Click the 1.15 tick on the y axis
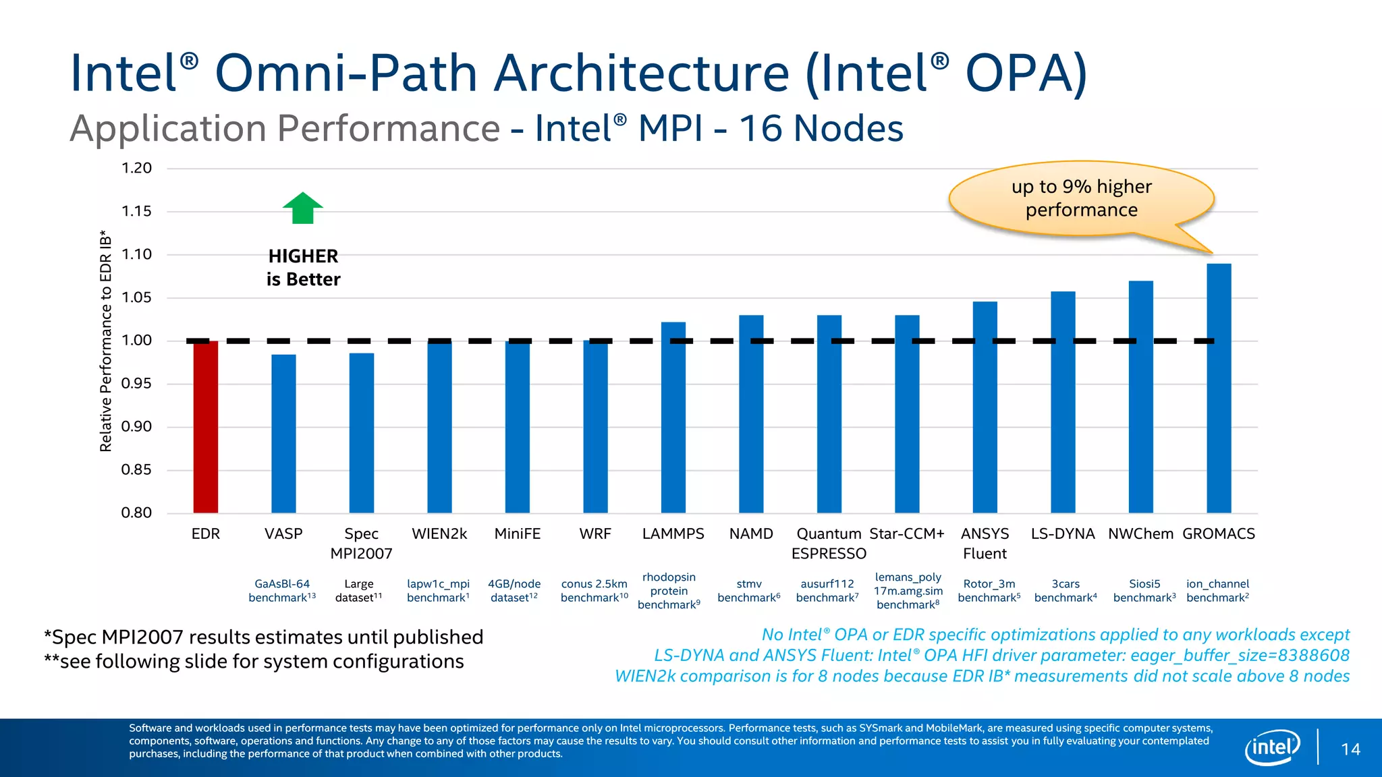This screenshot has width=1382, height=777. point(136,212)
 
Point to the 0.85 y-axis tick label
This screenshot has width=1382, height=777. point(136,470)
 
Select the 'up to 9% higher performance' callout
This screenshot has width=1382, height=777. point(1081,198)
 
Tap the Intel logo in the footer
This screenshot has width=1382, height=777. point(1272,747)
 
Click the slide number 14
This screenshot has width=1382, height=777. point(1350,749)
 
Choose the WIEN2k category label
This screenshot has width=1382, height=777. point(439,534)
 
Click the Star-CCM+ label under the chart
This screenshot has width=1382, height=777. point(907,534)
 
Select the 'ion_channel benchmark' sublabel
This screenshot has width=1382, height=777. point(1217,591)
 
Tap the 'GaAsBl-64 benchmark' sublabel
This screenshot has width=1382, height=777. point(282,591)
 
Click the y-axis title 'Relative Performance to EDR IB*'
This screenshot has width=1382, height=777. point(106,341)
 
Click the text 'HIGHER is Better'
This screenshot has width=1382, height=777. point(303,268)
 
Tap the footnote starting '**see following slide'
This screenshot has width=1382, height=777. point(254,662)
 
